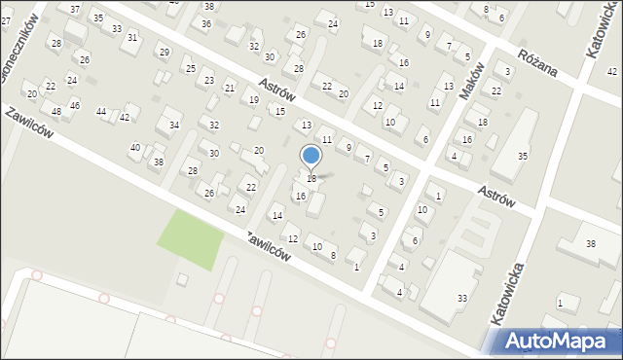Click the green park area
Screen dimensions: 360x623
pyautogui.click(x=193, y=239)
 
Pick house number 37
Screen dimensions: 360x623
pyautogui.click(x=75, y=8)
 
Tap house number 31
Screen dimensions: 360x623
pyautogui.click(x=132, y=37)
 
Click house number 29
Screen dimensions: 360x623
pyautogui.click(x=164, y=52)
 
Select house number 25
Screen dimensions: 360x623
pyautogui.click(x=190, y=68)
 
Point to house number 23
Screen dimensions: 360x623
pyautogui.click(x=209, y=80)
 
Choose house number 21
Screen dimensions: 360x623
pyautogui.click(x=230, y=89)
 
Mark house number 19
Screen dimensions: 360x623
pyautogui.click(x=253, y=100)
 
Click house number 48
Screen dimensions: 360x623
pyautogui.click(x=55, y=112)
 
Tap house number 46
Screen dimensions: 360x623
pyautogui.click(x=75, y=105)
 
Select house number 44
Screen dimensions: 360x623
pyautogui.click(x=101, y=112)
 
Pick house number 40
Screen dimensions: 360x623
pyautogui.click(x=135, y=147)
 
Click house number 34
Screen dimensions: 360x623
pyautogui.click(x=174, y=126)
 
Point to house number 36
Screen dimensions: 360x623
pyautogui.click(x=205, y=23)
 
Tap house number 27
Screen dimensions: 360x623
pyautogui.click(x=6, y=20)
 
